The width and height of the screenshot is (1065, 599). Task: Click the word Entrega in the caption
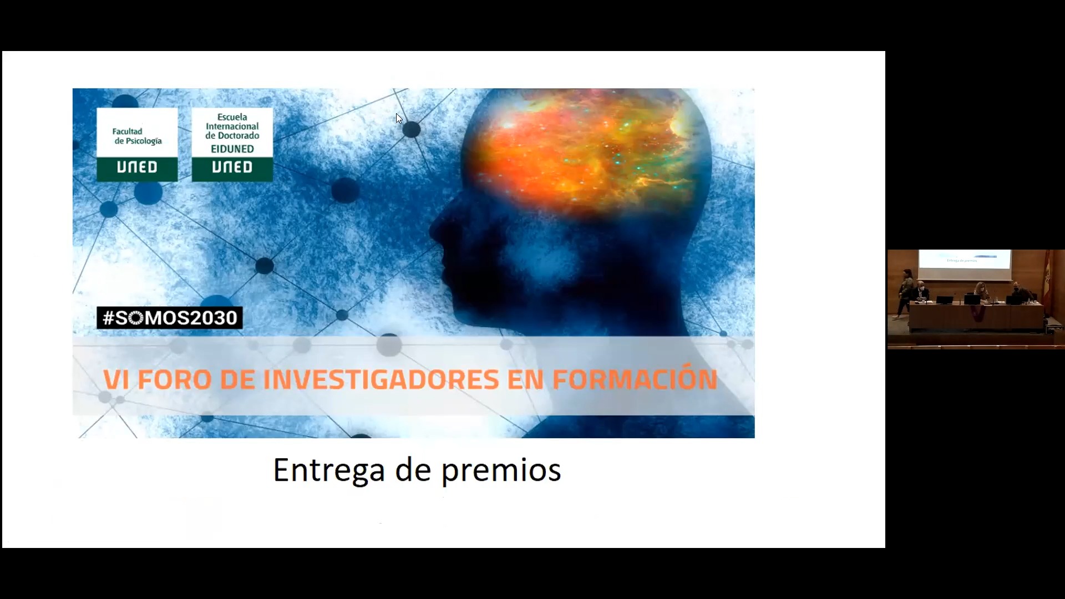[329, 470]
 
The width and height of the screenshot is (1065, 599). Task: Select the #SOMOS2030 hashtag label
[170, 318]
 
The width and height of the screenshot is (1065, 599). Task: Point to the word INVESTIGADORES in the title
[381, 380]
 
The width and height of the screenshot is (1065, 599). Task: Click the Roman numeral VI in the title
[116, 380]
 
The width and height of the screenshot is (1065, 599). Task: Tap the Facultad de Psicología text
[137, 136]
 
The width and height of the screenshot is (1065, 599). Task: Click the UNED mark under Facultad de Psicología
[137, 167]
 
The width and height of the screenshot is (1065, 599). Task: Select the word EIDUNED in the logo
[232, 149]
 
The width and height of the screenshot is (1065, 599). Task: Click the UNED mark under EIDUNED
[232, 167]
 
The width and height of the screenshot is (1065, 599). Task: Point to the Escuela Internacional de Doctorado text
[232, 126]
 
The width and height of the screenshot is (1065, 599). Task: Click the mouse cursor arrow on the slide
[399, 118]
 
